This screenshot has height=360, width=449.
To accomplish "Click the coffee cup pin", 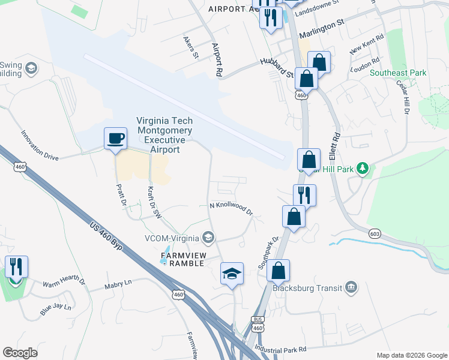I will (115, 139).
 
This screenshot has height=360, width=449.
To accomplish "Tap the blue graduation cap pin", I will (232, 274).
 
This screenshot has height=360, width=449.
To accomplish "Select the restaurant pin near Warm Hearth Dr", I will (16, 267).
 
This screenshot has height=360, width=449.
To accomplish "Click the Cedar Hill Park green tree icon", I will (362, 168).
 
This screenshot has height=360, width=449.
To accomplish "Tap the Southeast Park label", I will (398, 73).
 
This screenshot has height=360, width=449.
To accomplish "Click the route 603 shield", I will (373, 232).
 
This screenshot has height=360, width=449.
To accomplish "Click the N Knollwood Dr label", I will (231, 209).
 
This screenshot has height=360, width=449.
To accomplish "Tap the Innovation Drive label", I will (40, 146).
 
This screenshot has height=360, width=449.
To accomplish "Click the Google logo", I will (20, 353).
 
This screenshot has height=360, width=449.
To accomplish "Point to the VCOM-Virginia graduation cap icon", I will (208, 238).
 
